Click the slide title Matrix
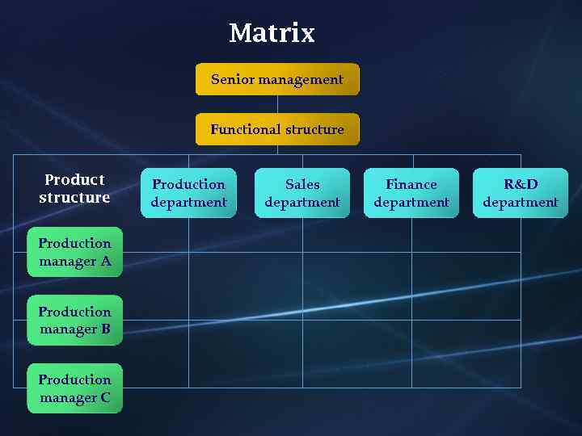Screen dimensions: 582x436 [x=272, y=33]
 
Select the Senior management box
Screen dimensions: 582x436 [x=277, y=79]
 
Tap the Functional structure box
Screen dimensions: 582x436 [x=277, y=129]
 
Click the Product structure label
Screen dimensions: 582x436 [x=74, y=188]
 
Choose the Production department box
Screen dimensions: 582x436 [x=188, y=193]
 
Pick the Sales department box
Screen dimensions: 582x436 [x=302, y=193]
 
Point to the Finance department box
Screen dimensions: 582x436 [x=411, y=193]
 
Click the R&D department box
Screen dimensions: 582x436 [x=521, y=193]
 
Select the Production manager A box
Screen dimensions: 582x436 [x=74, y=252]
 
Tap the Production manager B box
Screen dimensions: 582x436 [x=74, y=321]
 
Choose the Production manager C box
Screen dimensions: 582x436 [x=74, y=388]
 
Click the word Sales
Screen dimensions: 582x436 [x=302, y=184]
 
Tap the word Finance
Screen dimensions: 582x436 [x=411, y=184]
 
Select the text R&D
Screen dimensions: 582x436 [x=521, y=184]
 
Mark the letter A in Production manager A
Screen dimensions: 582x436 [x=106, y=262]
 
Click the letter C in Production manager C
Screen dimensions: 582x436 [x=105, y=398]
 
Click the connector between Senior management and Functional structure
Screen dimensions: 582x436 [x=277, y=104]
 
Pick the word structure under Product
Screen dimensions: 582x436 [x=74, y=198]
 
